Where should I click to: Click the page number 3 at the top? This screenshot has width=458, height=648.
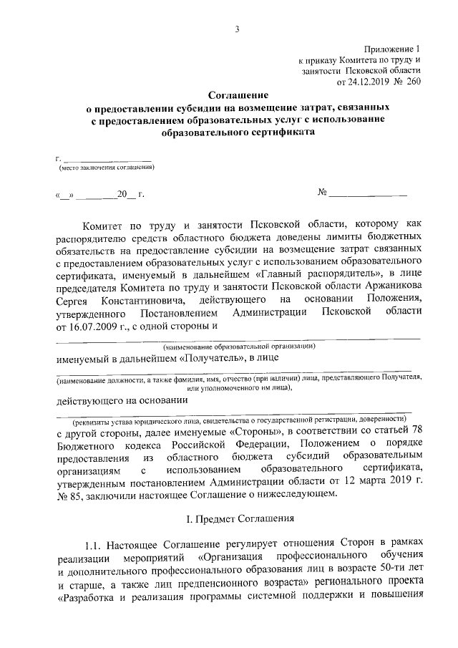pos(235,29)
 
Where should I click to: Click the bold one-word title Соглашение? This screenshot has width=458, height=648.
pos(238,95)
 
